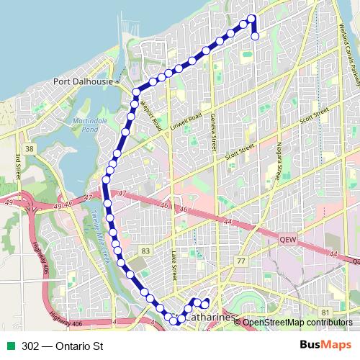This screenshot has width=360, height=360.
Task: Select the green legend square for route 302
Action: coord(12,346)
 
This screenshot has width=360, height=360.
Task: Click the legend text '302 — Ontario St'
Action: coord(63,346)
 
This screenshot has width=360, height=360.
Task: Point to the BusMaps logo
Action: coord(325,346)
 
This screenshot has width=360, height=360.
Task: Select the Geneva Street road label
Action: coord(212,131)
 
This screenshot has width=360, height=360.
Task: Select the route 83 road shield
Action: coord(146,251)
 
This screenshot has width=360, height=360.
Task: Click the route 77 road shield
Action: coord(241,261)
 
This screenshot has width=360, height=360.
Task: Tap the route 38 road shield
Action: coord(29,148)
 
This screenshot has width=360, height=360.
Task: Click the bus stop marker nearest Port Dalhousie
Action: coord(135,92)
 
